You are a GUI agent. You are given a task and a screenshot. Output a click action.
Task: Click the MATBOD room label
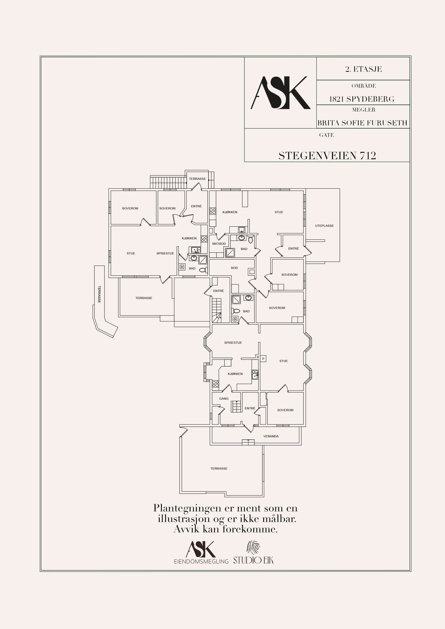tap(219, 244)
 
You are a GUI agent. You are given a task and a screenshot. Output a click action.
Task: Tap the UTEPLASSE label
tap(324, 226)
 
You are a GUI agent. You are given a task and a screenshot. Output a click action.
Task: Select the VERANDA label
tap(271, 436)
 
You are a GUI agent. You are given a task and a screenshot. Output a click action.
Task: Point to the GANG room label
tap(224, 398)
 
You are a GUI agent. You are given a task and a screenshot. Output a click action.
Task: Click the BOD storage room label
tap(234, 268)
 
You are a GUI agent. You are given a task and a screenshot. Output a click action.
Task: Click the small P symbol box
tap(264, 358)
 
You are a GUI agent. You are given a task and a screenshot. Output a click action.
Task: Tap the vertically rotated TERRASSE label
tap(99, 294)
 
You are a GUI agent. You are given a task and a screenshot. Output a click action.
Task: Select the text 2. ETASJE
tap(363, 69)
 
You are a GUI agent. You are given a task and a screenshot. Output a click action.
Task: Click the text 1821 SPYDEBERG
tap(362, 99)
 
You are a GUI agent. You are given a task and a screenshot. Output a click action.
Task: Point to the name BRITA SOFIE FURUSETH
tap(363, 123)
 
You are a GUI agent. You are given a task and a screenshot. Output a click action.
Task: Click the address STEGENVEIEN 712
tap(327, 156)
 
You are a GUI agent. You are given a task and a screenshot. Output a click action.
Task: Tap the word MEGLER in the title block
tap(363, 110)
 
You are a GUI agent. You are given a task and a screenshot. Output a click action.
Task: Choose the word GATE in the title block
tap(326, 135)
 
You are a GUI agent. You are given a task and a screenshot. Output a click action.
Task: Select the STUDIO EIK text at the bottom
tap(253, 561)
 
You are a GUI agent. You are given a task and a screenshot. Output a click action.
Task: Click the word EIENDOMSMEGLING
tap(201, 562)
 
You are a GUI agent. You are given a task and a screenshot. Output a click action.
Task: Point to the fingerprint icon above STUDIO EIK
tap(253, 548)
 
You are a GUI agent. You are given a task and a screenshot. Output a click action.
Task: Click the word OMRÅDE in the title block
tap(363, 86)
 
